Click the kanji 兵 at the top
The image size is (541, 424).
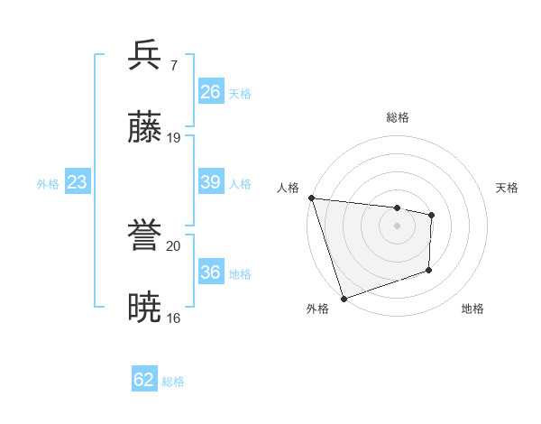(x=145, y=56)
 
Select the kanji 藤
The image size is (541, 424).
(x=145, y=129)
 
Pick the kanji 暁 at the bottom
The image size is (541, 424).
(x=145, y=309)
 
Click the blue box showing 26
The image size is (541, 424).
(x=210, y=92)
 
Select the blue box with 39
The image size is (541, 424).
(x=210, y=182)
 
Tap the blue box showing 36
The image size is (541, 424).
(x=210, y=272)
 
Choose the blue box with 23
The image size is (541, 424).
(x=77, y=182)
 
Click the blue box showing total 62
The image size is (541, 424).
(x=144, y=380)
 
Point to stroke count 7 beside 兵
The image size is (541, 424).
(x=173, y=66)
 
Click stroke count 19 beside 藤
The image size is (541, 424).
(x=174, y=138)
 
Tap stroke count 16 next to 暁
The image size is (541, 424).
(x=174, y=318)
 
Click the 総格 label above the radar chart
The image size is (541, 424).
(x=398, y=117)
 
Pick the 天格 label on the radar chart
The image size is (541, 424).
(x=508, y=188)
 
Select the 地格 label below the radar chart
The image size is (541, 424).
(x=472, y=309)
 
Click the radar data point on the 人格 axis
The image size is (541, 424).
(x=311, y=198)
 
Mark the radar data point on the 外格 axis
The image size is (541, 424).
(x=344, y=298)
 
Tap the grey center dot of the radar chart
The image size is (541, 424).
(x=398, y=226)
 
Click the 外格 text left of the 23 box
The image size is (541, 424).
(x=48, y=184)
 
